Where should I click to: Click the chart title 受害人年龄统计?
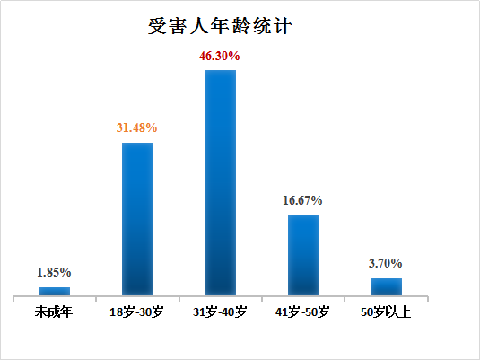220,26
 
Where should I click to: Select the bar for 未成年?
54,291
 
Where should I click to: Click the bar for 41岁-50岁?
303,254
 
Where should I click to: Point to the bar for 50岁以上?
386,286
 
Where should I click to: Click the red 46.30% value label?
220,56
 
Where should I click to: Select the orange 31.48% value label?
137,128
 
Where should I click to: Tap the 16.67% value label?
303,200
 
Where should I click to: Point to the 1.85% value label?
54,272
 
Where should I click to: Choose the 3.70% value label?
386,264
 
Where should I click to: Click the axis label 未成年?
54,312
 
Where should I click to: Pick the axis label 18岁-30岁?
137,312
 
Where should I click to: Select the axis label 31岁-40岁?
220,312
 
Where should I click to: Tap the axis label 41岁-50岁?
303,312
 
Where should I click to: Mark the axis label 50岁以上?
386,312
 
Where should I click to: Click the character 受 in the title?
158,26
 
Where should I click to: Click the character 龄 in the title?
241,26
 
